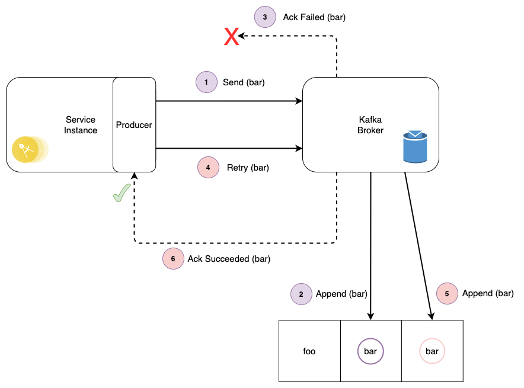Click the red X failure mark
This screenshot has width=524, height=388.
click(x=231, y=37)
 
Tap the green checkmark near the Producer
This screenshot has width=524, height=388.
click(x=122, y=193)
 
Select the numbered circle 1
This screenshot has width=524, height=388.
click(x=206, y=82)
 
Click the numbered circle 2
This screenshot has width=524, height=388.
click(x=301, y=294)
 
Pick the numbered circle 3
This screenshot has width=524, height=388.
click(x=265, y=17)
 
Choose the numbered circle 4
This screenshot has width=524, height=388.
click(x=208, y=168)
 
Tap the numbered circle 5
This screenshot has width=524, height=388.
click(x=447, y=293)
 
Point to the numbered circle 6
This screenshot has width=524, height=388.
click(x=173, y=258)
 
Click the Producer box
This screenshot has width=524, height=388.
click(x=134, y=125)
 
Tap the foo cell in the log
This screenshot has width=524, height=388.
click(x=309, y=351)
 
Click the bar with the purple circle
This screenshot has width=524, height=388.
click(x=370, y=351)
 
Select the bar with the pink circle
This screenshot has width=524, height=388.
click(x=432, y=351)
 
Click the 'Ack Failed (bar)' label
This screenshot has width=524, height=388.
click(x=314, y=17)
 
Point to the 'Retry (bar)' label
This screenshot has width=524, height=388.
click(x=248, y=168)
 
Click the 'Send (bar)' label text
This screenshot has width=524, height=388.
click(x=244, y=82)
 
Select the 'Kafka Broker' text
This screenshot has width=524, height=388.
click(x=370, y=125)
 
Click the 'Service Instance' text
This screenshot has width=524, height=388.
click(x=81, y=125)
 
